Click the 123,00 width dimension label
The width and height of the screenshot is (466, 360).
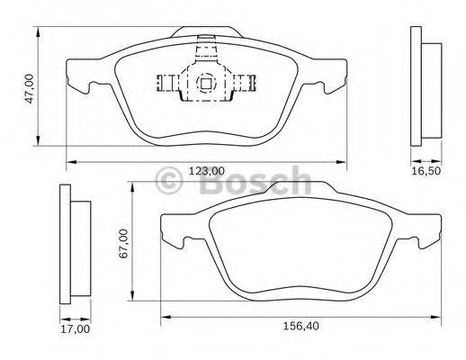206,171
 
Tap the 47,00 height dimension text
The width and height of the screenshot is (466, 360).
29,88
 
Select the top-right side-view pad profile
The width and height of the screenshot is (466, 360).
424,85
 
